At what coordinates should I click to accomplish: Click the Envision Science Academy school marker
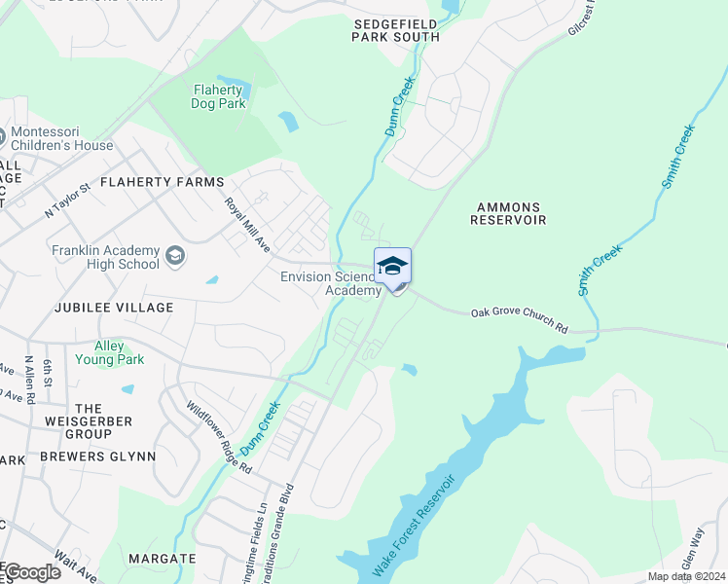[392, 267]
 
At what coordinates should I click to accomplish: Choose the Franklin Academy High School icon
[175, 256]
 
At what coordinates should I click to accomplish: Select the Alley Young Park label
[119, 352]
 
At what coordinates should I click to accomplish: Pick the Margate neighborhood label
[162, 560]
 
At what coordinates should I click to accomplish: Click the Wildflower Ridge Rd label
[219, 438]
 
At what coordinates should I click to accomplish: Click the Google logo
[31, 572]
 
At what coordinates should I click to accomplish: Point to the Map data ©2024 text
[686, 576]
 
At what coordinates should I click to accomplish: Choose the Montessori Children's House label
[61, 139]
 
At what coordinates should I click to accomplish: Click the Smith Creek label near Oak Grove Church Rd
[600, 270]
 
